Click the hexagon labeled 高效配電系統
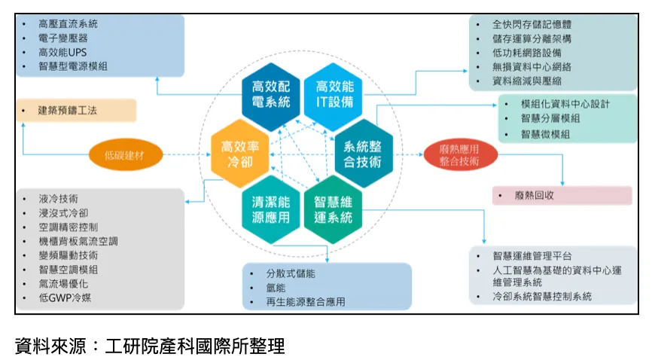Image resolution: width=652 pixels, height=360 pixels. (x=271, y=96)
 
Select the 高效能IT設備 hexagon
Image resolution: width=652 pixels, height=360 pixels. (x=334, y=96)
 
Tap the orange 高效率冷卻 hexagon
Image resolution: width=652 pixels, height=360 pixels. (x=240, y=154)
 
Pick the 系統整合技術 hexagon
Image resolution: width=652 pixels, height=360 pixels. (x=364, y=154)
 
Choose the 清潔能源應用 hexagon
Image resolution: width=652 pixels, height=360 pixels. (x=271, y=210)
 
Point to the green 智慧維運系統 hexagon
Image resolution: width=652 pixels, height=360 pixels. (x=334, y=210)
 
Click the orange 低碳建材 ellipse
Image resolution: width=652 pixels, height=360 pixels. (x=126, y=155)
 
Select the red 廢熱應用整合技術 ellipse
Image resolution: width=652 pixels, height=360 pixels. (x=460, y=155)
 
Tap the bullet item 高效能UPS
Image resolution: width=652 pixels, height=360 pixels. (x=62, y=53)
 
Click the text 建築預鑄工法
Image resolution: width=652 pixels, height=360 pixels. (x=67, y=110)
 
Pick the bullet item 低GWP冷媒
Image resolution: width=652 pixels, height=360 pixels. (x=65, y=297)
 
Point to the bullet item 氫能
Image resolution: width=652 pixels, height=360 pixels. (x=276, y=288)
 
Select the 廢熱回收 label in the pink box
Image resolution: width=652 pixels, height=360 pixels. (x=535, y=195)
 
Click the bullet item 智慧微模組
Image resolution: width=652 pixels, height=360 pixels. (x=546, y=134)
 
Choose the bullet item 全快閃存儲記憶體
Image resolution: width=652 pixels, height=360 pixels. (x=532, y=25)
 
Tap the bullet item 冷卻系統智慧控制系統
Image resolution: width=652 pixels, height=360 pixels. (x=542, y=296)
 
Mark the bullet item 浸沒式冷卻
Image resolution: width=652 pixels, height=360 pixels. (x=63, y=213)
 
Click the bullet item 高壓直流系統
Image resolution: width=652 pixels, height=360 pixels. (x=68, y=23)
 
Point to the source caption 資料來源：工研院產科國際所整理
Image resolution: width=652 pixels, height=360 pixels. (x=150, y=346)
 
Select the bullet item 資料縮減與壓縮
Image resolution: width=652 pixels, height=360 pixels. (x=527, y=81)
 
